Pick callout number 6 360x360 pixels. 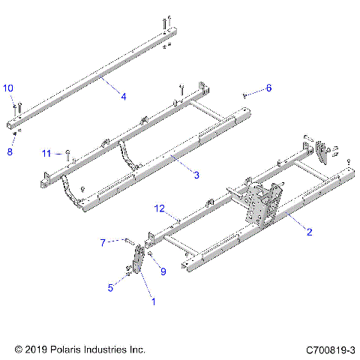pyautogui.click(x=268, y=88)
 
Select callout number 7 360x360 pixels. pyautogui.click(x=103, y=241)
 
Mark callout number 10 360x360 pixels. pyautogui.click(x=8, y=89)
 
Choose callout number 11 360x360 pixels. pyautogui.click(x=46, y=153)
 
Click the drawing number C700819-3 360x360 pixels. pyautogui.click(x=329, y=349)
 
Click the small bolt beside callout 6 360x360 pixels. pyautogui.click(x=245, y=94)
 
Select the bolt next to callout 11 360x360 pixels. pyautogui.click(x=68, y=154)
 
